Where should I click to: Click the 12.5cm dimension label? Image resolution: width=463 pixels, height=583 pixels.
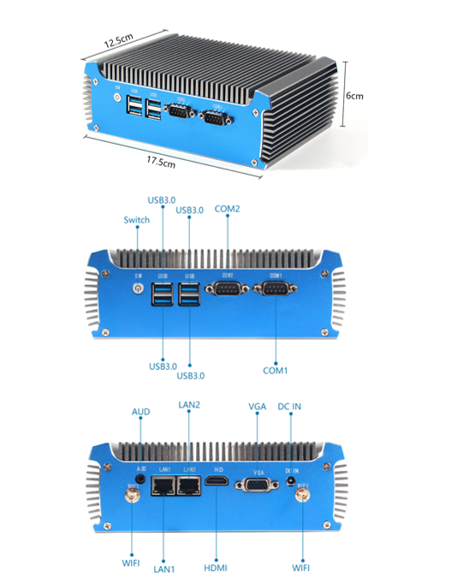coord(119,39)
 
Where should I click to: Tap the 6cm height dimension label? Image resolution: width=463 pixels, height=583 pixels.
coord(354,96)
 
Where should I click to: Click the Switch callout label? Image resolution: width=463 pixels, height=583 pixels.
coord(137,220)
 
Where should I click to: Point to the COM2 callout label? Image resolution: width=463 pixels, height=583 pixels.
coord(228,208)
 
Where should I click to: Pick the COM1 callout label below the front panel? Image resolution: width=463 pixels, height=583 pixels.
coord(276,371)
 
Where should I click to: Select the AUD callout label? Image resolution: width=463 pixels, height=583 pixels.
coord(141,412)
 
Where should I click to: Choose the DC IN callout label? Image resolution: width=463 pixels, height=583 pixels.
coord(291,406)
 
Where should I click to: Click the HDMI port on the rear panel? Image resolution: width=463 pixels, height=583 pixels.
coord(217,485)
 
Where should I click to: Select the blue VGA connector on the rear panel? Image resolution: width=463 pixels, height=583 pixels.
coord(257,485)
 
